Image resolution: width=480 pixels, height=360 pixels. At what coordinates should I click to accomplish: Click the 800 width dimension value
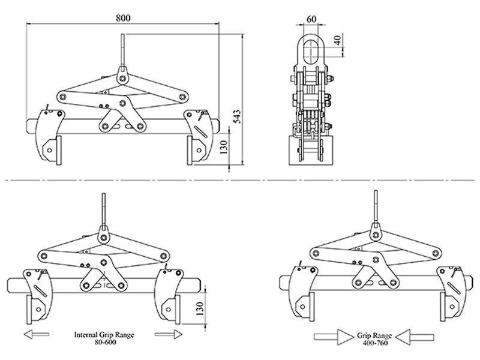(x=123, y=18)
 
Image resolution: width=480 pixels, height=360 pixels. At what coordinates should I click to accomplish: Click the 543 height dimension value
(x=237, y=116)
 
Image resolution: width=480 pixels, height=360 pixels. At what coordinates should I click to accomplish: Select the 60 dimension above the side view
(x=311, y=19)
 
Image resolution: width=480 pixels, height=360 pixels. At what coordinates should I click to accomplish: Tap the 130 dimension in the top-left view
(x=224, y=147)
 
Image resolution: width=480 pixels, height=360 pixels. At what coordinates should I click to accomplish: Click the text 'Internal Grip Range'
(x=104, y=335)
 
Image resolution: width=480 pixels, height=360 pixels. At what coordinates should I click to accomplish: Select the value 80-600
(x=105, y=342)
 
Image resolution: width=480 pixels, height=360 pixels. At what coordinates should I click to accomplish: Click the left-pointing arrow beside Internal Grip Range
(x=36, y=334)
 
